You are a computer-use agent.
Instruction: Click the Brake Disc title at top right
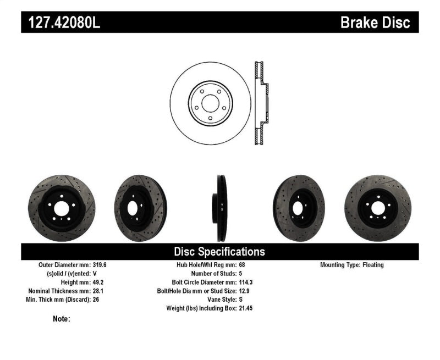[x=375, y=23]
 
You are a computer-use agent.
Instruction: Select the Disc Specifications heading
[x=219, y=252]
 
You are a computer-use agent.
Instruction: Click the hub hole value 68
[x=243, y=265]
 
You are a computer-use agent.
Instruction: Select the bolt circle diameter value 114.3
[x=246, y=283]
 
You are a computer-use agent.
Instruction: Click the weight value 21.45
[x=246, y=309]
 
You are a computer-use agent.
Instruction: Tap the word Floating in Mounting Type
[x=373, y=265]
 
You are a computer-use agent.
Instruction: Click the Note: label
[x=62, y=318]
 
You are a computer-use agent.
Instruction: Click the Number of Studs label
[x=213, y=274]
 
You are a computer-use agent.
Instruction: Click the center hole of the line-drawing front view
[x=210, y=102]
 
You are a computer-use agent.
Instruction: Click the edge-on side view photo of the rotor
[x=220, y=208]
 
